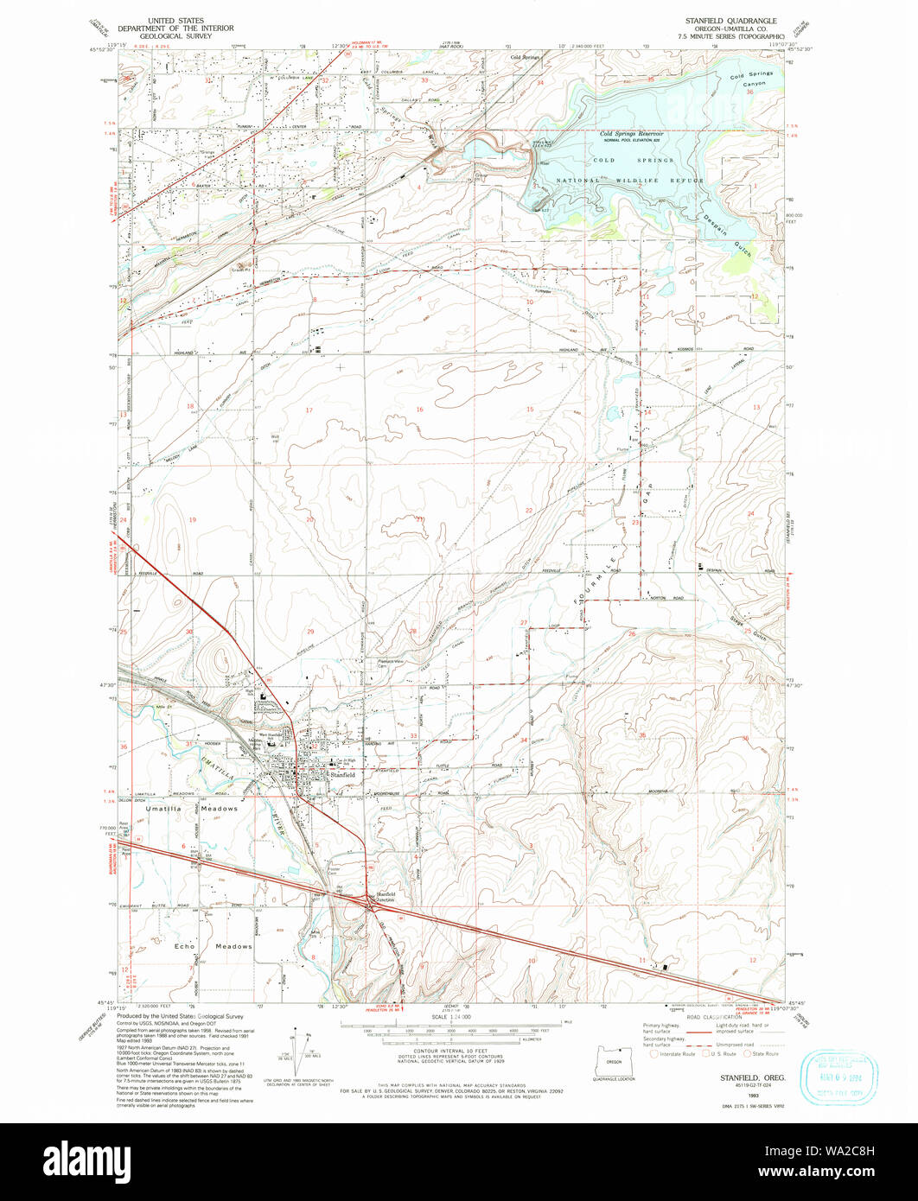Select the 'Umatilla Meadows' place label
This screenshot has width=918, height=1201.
185,808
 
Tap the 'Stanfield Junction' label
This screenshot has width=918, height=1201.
386,896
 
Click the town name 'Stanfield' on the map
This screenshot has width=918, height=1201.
341,775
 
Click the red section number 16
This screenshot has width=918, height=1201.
419,410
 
